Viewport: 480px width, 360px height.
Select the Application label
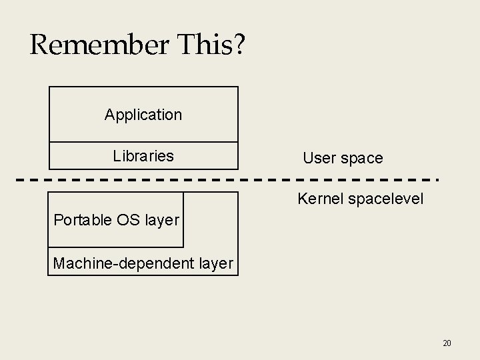click(x=143, y=115)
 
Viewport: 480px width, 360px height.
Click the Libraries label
click(x=143, y=156)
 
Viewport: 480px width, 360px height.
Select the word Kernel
click(x=318, y=199)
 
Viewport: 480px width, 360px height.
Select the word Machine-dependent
click(x=123, y=264)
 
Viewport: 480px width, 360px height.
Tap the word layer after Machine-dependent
click(x=215, y=265)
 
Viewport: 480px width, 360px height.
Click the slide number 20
click(x=447, y=343)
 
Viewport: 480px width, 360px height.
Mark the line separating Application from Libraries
click(x=143, y=142)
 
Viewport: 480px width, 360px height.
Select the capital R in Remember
click(x=39, y=45)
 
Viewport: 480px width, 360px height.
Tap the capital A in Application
click(x=109, y=115)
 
